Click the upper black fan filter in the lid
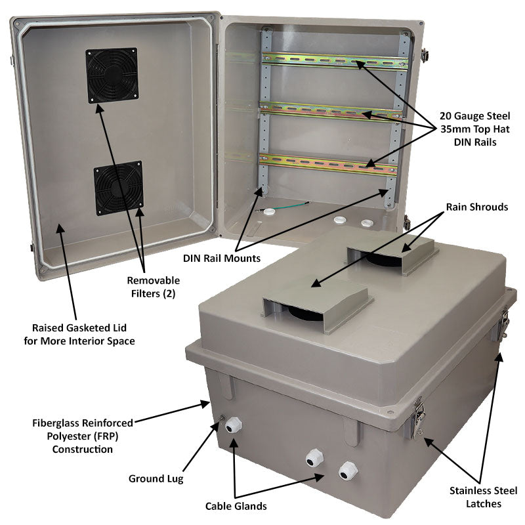(112, 75)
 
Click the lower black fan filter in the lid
(119, 188)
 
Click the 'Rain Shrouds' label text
(476, 207)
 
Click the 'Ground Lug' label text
(156, 478)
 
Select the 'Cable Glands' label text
(236, 506)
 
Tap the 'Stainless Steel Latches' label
(484, 497)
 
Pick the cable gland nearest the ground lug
(232, 427)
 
